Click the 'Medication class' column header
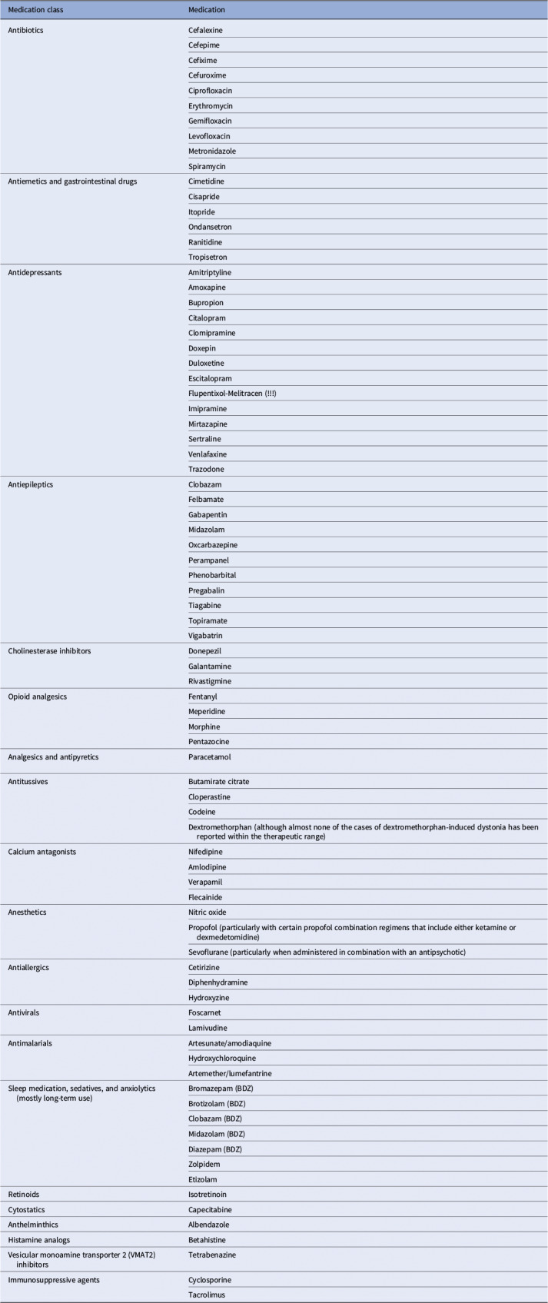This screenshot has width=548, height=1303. coord(35,10)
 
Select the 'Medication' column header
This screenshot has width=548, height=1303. coord(207,10)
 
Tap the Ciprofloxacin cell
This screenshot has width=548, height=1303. coord(210,91)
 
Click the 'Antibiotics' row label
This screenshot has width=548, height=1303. coord(26,30)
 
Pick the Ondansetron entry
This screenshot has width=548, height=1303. coord(210,227)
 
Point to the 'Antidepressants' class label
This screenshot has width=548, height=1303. coord(33,272)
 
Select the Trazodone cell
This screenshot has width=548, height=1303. coord(206,469)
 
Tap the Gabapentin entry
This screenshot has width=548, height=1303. coord(208,514)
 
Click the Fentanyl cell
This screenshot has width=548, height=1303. coord(203,696)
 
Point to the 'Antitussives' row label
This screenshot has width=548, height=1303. coord(28,782)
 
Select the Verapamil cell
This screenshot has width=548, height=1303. coord(205,882)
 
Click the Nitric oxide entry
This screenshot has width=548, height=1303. coord(208,912)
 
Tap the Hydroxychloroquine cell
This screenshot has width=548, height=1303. coord(222,1059)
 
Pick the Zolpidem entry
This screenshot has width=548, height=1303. coord(204,1164)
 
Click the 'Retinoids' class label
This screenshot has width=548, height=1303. coord(24,1195)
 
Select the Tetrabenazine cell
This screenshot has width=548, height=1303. coord(212,1255)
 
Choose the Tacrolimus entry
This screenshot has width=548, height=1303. coord(207,1295)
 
